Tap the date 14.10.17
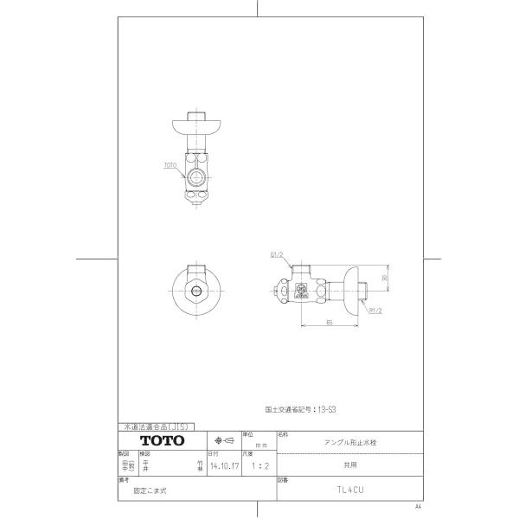coord(221,464)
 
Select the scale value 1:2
coord(257,464)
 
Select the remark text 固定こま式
coord(149,488)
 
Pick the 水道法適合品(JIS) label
coord(157,426)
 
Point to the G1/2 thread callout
coord(277,255)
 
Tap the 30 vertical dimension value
coord(385,278)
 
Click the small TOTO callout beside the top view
coord(170,163)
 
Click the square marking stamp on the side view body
coord(303,291)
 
